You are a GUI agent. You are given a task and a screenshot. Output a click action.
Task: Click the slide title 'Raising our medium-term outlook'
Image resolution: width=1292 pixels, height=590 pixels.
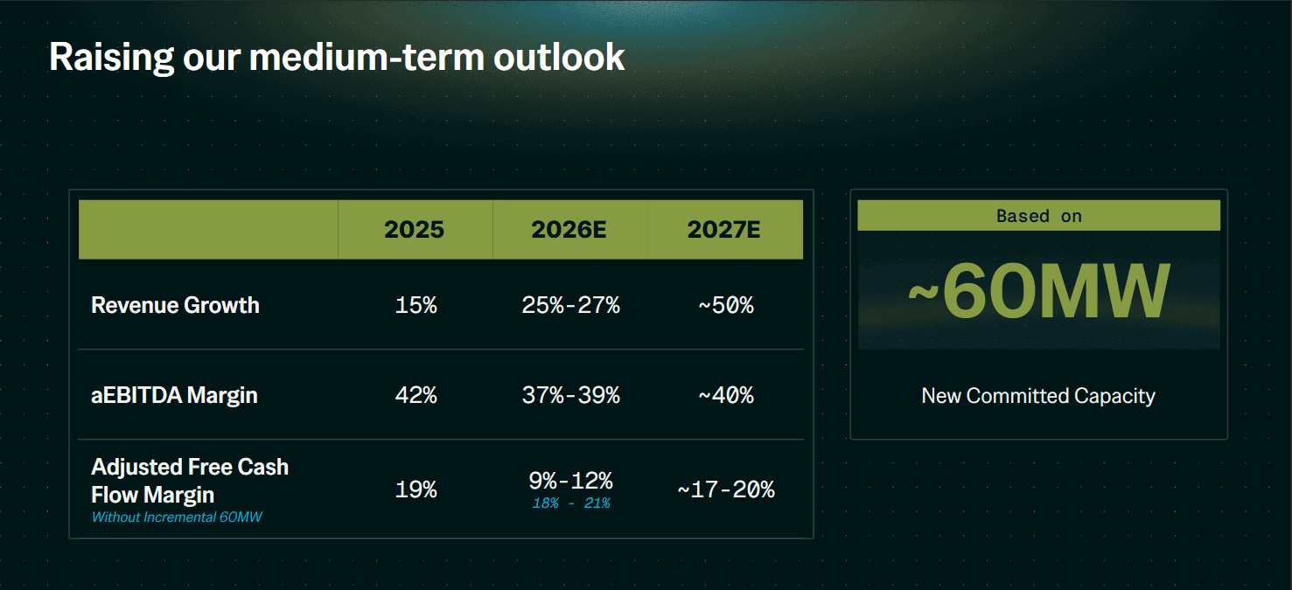click(337, 58)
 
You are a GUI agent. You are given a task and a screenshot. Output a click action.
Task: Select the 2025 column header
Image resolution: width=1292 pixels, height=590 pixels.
click(414, 229)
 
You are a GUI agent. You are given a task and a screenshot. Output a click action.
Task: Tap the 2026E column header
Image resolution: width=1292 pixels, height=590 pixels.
click(569, 229)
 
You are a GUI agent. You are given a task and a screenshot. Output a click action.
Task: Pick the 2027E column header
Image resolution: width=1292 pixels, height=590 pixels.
click(724, 229)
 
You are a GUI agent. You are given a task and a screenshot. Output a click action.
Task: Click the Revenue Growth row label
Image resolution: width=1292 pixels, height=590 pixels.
click(175, 305)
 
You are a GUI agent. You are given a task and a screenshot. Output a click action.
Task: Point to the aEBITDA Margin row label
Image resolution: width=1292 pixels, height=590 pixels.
click(174, 395)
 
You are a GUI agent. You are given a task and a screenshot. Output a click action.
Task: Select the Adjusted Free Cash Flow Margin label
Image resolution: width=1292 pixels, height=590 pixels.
click(190, 481)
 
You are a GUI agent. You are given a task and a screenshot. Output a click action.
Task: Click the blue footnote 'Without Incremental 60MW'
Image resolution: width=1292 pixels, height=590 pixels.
click(177, 517)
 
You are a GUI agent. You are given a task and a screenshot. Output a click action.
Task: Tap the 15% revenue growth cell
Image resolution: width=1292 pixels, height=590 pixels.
click(416, 305)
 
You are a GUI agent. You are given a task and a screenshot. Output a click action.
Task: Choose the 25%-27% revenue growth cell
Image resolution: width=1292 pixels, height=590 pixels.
click(571, 305)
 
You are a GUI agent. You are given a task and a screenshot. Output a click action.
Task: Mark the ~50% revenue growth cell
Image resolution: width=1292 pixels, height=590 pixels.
click(726, 305)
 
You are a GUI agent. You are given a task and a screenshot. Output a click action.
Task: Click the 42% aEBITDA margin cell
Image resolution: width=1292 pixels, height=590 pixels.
click(416, 395)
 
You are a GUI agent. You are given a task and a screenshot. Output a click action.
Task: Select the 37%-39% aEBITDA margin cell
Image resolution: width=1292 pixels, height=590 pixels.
click(571, 395)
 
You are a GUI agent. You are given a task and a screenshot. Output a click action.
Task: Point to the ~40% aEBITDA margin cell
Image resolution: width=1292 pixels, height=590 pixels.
click(726, 395)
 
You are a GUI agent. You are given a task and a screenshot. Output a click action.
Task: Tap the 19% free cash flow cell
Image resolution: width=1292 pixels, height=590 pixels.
click(416, 489)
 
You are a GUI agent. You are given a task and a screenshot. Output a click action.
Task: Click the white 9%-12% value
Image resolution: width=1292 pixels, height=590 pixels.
click(571, 481)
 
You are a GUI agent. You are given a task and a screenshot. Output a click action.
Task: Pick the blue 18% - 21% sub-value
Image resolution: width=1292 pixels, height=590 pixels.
click(571, 503)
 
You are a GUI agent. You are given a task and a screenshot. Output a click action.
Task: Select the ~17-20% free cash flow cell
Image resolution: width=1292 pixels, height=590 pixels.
click(726, 489)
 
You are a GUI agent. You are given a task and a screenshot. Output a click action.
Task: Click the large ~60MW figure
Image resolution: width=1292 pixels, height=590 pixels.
click(1039, 291)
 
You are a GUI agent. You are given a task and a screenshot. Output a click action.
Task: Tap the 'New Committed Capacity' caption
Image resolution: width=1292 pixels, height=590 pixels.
click(1038, 396)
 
